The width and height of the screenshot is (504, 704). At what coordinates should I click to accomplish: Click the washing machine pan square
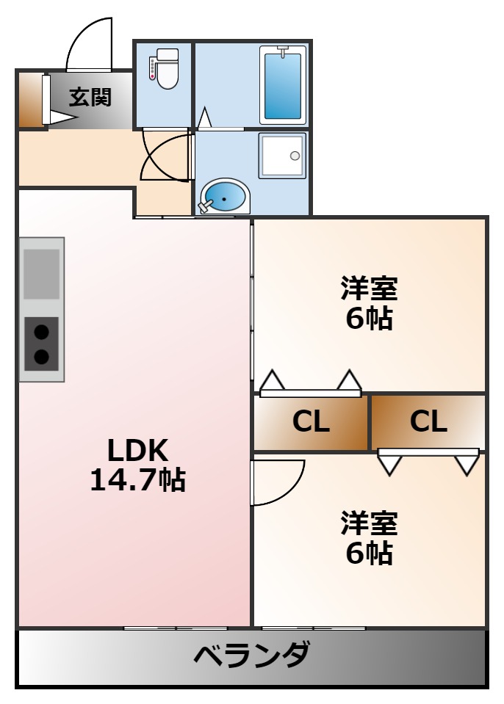282,156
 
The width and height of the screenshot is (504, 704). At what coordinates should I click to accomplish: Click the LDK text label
138,449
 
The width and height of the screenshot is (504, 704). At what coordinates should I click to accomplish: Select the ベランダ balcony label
251,656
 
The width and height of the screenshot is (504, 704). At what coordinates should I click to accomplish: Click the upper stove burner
42,332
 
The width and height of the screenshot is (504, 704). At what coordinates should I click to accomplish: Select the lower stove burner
42,357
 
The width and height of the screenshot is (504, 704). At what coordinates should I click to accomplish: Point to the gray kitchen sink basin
42,273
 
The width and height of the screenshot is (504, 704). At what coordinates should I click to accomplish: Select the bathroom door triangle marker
204,117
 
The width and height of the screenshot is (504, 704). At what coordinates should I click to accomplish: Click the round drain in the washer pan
295,156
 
